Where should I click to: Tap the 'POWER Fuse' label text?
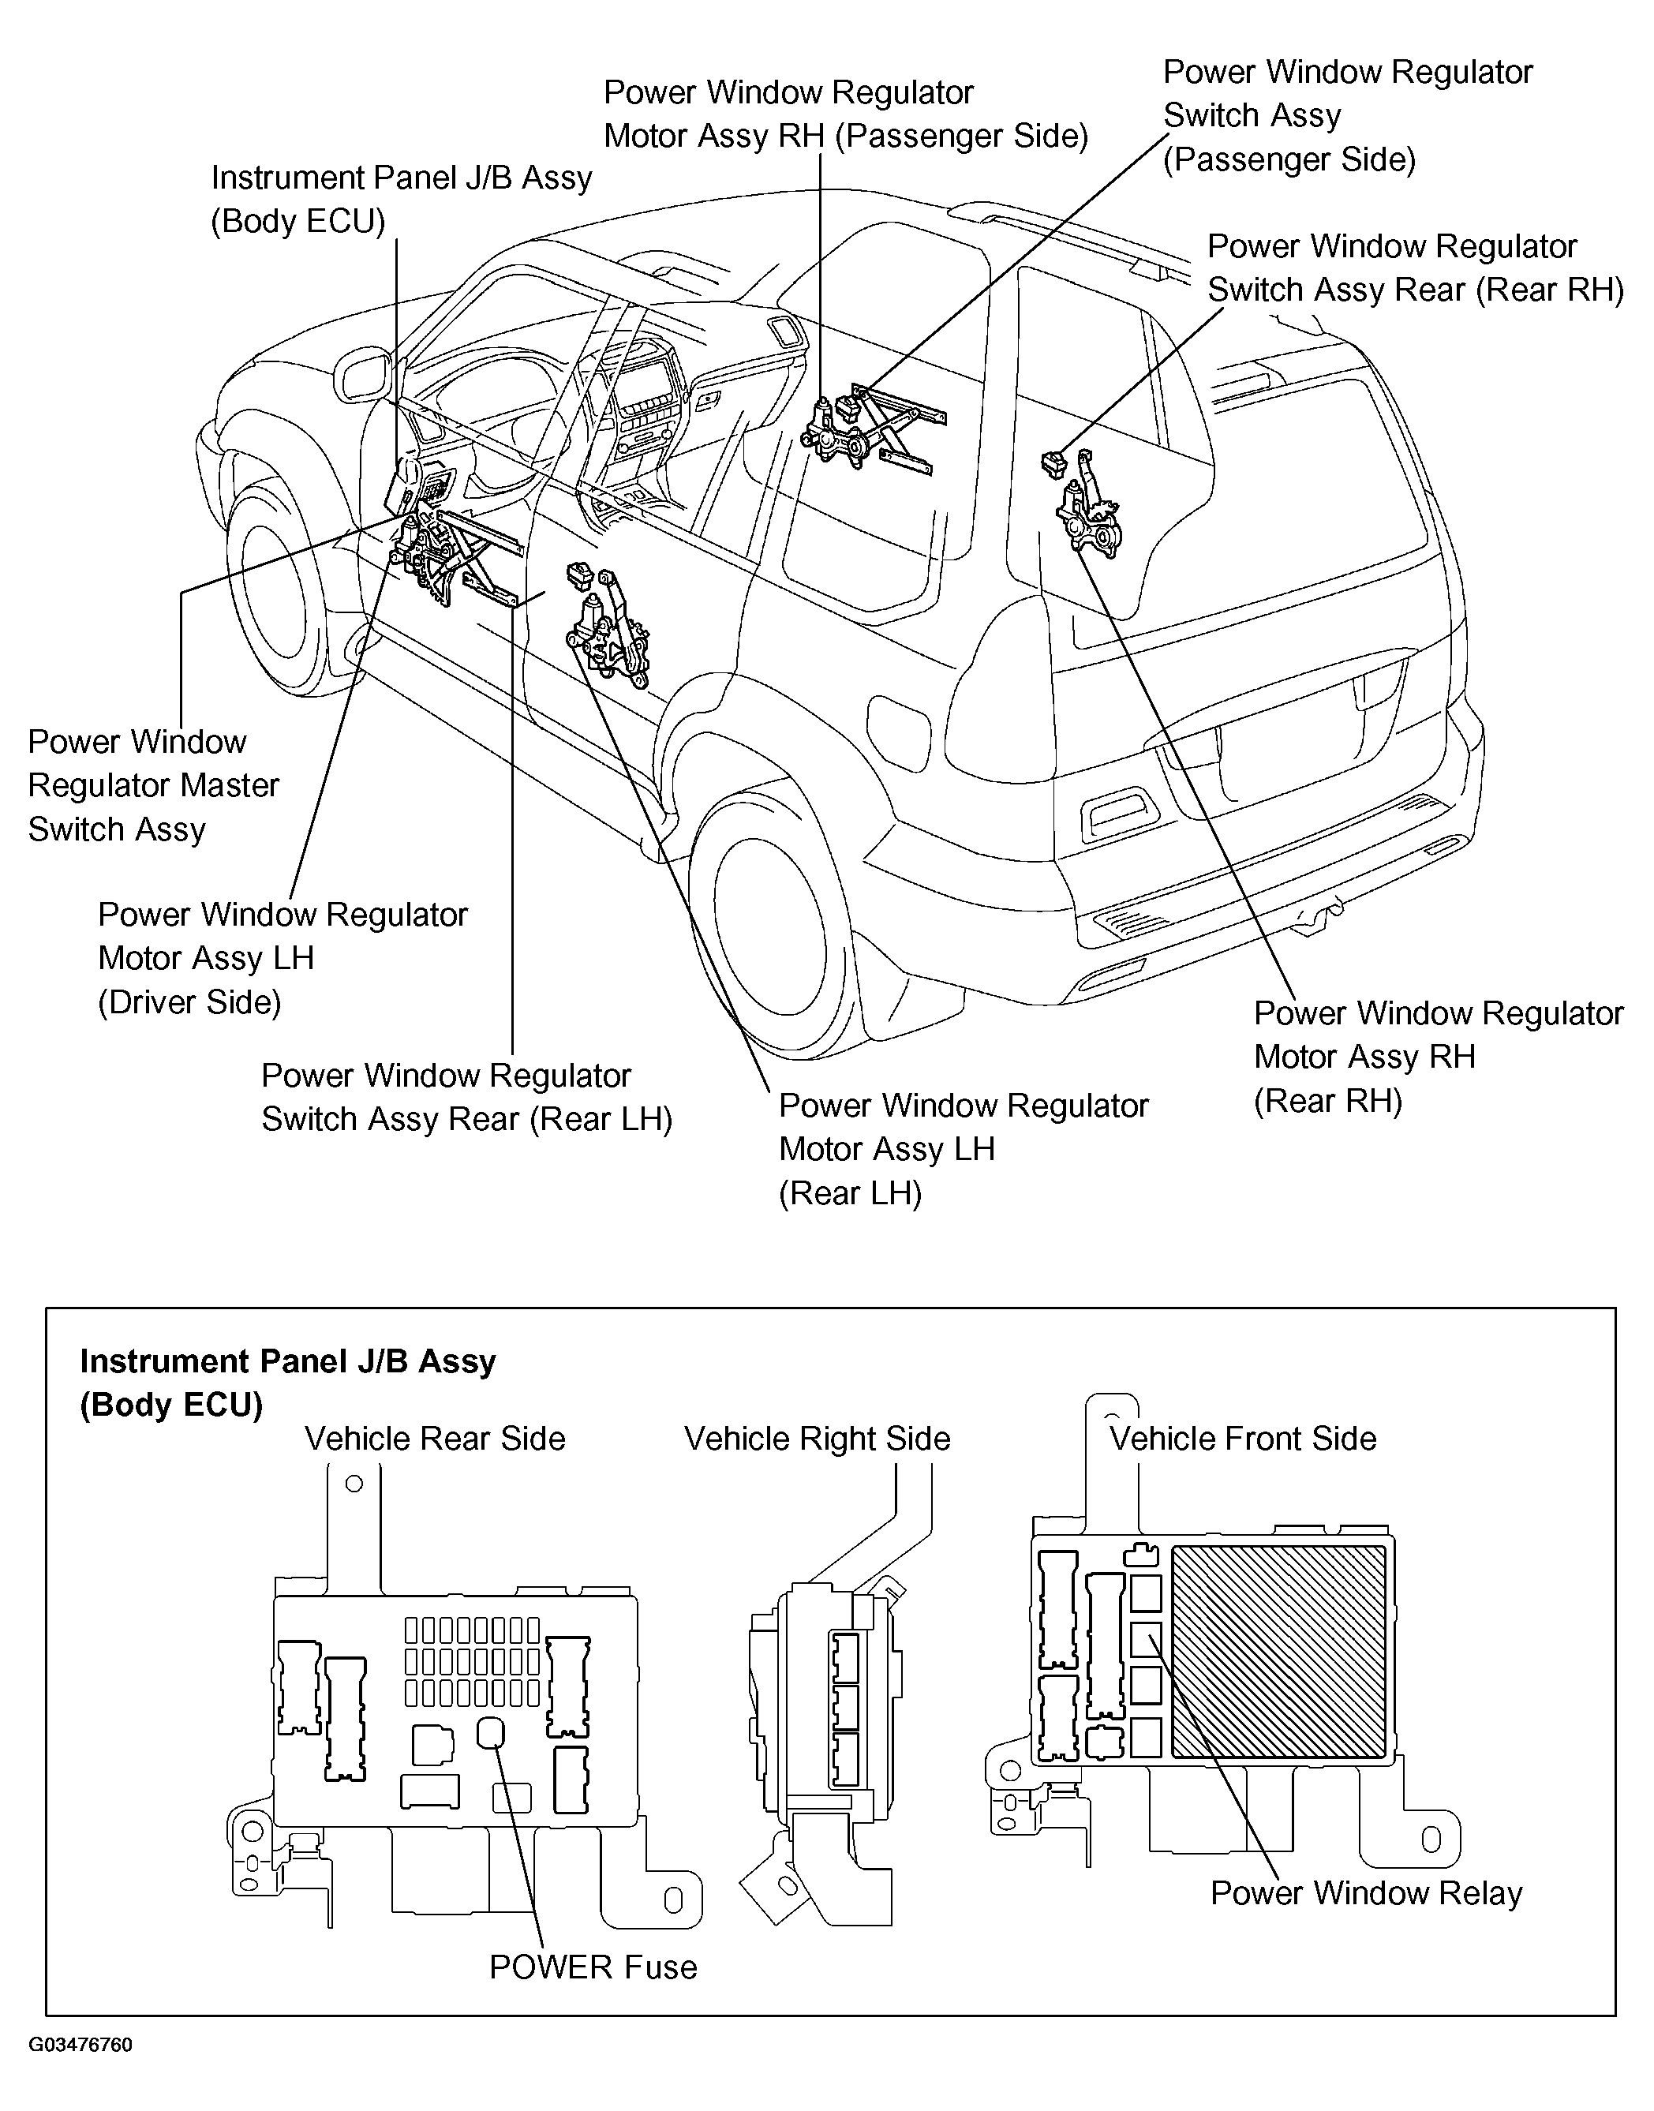click(x=593, y=1967)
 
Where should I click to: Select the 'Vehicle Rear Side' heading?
click(x=435, y=1438)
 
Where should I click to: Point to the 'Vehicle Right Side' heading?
click(x=818, y=1438)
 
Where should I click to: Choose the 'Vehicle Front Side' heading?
click(x=1242, y=1438)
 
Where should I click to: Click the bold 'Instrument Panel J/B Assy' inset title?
click(x=287, y=1361)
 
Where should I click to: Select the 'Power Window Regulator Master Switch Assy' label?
click(x=153, y=785)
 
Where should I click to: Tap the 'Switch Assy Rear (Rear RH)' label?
click(x=1414, y=268)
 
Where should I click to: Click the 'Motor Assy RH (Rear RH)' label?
click(x=1438, y=1057)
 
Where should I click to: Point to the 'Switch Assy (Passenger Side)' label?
click(x=1347, y=115)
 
